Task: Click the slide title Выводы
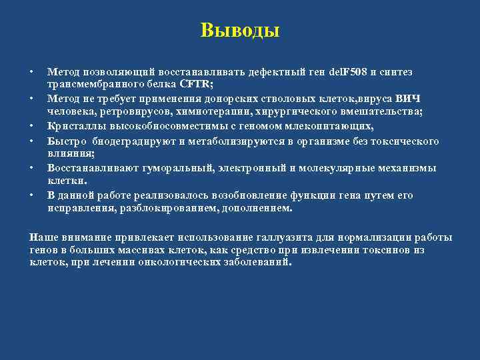(x=240, y=31)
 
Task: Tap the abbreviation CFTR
(x=195, y=83)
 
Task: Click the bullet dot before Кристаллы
(x=31, y=125)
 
